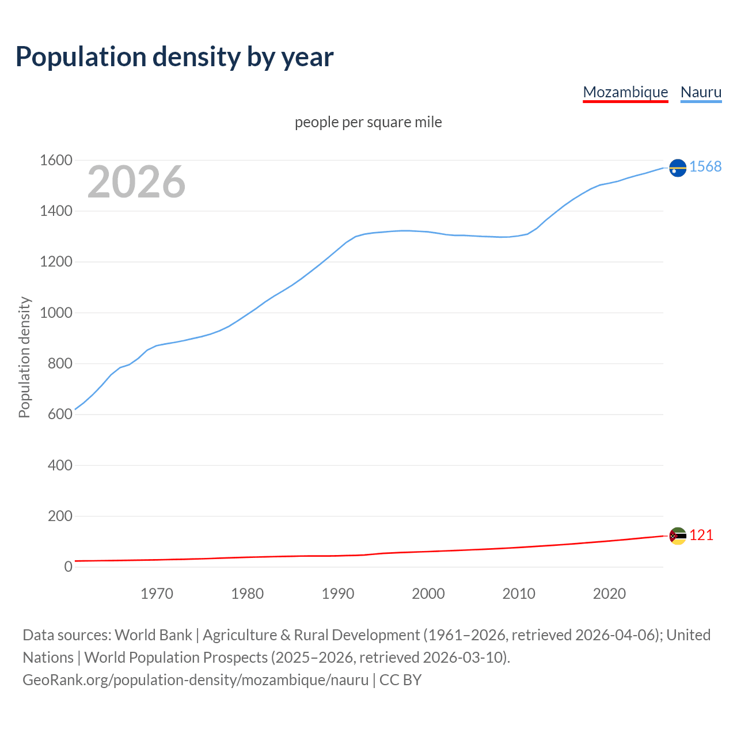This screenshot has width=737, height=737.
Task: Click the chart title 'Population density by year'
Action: (174, 57)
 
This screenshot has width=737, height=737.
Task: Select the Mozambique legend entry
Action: (625, 92)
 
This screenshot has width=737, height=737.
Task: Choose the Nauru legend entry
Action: (701, 92)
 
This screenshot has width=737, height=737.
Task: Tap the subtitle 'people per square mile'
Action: (368, 123)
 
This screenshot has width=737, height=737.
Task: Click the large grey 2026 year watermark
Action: (136, 182)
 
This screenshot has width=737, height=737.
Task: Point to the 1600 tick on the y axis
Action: (56, 161)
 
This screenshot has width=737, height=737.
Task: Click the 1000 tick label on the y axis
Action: (56, 313)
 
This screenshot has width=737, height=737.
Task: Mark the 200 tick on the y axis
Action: (60, 516)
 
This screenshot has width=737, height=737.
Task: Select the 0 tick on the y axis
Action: (68, 567)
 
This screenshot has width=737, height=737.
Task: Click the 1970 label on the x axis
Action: (157, 594)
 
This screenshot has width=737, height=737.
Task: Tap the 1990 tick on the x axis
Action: (338, 594)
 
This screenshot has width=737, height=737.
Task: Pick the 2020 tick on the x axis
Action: (609, 594)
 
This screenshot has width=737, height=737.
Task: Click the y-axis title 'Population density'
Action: (24, 357)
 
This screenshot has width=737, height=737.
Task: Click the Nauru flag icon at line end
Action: (678, 168)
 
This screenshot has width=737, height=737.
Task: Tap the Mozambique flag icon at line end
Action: (678, 536)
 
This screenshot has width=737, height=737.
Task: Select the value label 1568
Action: (705, 167)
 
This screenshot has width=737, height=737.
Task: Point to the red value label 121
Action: (701, 535)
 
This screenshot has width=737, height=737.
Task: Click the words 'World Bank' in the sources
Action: (153, 635)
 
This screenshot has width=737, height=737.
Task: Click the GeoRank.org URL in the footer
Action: (195, 680)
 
